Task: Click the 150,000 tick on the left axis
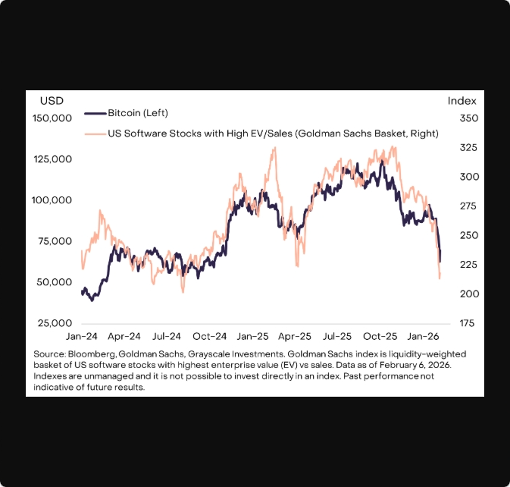(52, 118)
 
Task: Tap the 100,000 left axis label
(52, 200)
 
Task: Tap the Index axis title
(462, 100)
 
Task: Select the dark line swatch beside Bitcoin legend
(93, 113)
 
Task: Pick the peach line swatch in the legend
(93, 133)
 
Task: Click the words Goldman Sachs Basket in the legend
(350, 133)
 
